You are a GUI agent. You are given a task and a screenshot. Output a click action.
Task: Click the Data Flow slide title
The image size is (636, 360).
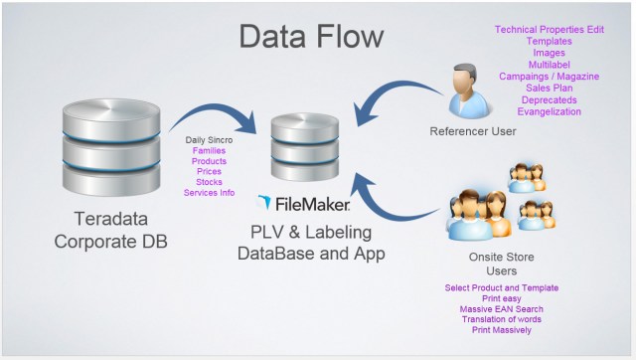(x=310, y=37)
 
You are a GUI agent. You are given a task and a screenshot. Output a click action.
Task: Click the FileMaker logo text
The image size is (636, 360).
(x=303, y=204)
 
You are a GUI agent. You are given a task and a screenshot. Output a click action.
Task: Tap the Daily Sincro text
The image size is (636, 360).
(x=210, y=140)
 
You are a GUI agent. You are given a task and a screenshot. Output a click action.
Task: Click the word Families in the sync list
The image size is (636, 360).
(x=210, y=150)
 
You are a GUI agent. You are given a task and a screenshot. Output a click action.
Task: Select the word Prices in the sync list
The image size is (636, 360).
(x=210, y=171)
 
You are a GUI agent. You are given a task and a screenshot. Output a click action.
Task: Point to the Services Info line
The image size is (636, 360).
(x=210, y=192)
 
